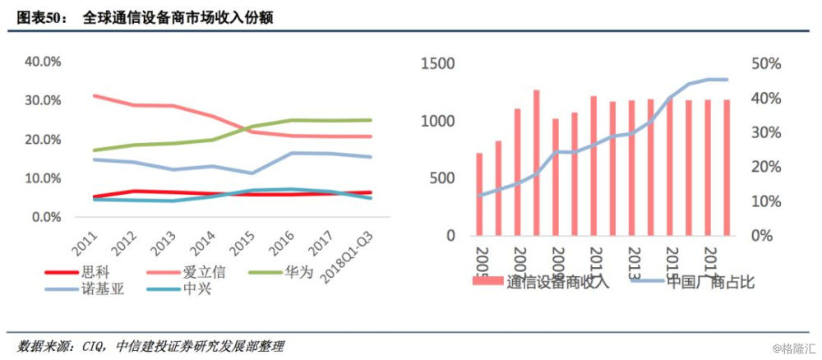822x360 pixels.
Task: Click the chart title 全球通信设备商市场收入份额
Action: (x=178, y=17)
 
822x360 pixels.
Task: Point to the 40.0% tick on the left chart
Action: (x=44, y=62)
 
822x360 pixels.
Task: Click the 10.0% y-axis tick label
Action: (x=44, y=178)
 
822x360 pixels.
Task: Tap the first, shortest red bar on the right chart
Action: (x=479, y=194)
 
